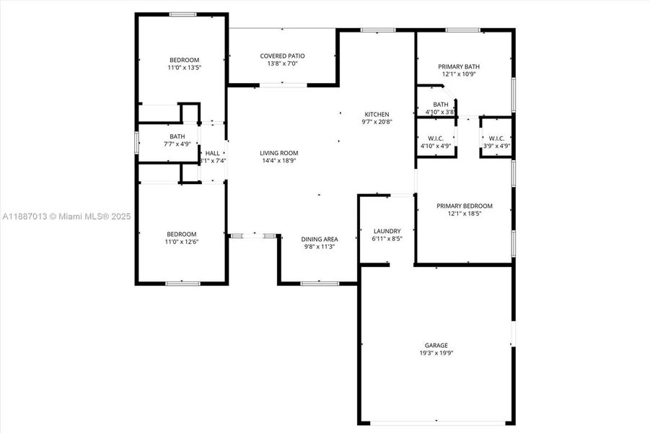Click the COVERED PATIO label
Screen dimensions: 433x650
tap(283, 56)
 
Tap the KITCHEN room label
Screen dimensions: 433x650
tap(377, 114)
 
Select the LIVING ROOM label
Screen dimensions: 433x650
tap(278, 153)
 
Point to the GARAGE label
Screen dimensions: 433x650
tap(436, 345)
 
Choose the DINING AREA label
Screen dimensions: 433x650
tap(320, 239)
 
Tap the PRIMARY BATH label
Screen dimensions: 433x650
tap(459, 66)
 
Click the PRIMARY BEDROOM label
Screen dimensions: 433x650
tap(465, 206)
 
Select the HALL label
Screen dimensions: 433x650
tap(213, 153)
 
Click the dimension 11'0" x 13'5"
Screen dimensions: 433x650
tap(184, 68)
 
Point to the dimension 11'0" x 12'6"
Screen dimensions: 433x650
tap(182, 242)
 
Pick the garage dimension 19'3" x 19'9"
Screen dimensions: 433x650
tap(436, 353)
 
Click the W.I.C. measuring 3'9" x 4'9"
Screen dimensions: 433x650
tap(496, 139)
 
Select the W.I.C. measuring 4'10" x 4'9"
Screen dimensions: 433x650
tap(436, 139)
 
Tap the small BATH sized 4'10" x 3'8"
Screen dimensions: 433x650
tap(440, 105)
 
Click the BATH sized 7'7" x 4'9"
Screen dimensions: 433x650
tap(177, 136)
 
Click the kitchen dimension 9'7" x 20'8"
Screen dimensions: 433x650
tap(377, 122)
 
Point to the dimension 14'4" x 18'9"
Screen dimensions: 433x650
tap(278, 161)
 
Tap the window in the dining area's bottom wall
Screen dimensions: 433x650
tap(320, 283)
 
